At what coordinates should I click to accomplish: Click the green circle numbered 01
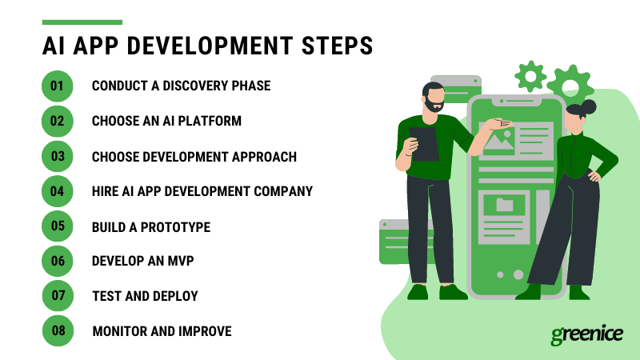point(57,86)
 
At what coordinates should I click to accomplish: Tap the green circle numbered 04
point(57,191)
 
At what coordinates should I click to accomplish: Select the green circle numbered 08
point(57,330)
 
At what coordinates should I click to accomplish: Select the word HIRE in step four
point(106,192)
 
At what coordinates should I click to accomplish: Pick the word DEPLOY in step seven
point(174,296)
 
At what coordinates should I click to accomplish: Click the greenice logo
point(586,334)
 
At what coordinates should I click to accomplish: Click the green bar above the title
point(82,22)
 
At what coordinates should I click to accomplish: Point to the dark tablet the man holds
point(424,144)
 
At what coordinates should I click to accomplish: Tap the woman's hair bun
point(590,106)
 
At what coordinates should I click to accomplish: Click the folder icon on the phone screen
point(504,205)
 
